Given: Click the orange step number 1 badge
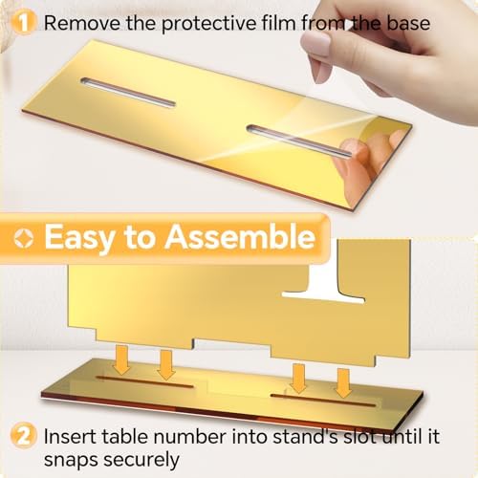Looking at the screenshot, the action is [x=23, y=23].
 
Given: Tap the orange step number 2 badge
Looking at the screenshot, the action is [x=23, y=435].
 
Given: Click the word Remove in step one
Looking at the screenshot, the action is [x=82, y=23].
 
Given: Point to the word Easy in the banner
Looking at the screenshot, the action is [x=79, y=238].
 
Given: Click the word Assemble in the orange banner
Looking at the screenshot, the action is [x=240, y=237].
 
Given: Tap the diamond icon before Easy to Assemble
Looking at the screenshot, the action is [x=24, y=238].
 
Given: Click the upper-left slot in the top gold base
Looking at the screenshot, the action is [x=128, y=92].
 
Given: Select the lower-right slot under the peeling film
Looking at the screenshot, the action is [x=299, y=141].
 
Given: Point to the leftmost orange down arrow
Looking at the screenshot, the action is [x=122, y=359].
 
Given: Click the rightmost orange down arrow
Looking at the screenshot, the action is [x=343, y=382].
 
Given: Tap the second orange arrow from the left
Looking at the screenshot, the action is [x=166, y=365].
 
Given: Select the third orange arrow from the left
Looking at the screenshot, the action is [x=298, y=379].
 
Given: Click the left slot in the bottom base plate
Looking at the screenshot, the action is [x=145, y=382].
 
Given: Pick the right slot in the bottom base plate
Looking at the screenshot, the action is [x=323, y=401].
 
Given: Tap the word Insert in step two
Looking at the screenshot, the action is [x=70, y=436].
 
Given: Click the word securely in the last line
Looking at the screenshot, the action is [x=141, y=461].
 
